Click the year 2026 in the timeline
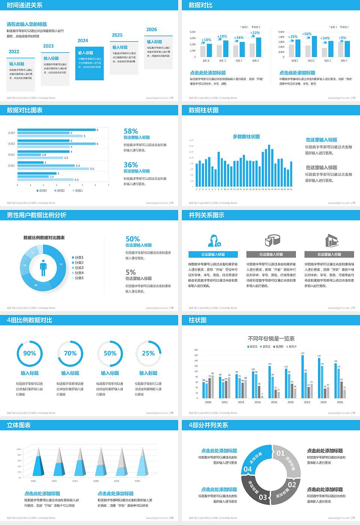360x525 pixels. pos(151,30)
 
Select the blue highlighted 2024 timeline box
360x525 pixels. pos(89,64)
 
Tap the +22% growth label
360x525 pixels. pos(255,33)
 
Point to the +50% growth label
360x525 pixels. pos(307,34)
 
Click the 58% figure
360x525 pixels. pos(131,131)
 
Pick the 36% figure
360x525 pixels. pos(131,165)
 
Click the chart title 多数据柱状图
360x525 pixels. pos(246,136)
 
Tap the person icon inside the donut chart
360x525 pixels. pos(43,268)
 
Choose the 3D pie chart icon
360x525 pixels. pos(273,240)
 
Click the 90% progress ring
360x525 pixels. pos(30,354)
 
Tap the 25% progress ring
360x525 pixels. pos(148,354)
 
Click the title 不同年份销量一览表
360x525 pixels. pos(271,339)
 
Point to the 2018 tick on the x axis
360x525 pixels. pos(274,402)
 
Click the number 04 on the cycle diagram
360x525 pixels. pos(247,469)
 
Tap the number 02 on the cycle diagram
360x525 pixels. pos(292,484)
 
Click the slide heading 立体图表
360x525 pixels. pos(19,425)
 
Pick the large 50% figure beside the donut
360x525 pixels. pos(133,239)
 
